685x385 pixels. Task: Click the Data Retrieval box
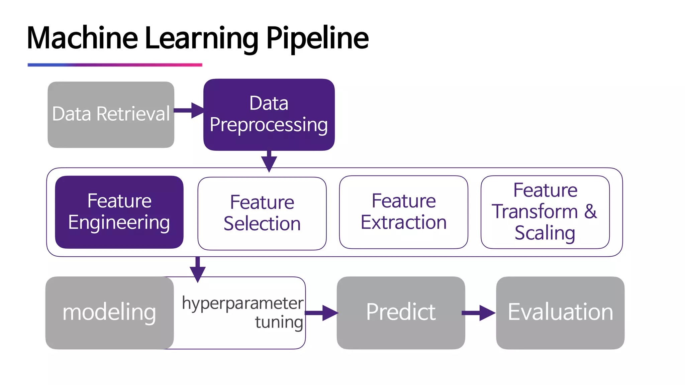pyautogui.click(x=111, y=114)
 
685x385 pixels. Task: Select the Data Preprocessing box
pyautogui.click(x=269, y=114)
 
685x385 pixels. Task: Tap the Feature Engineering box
pyautogui.click(x=119, y=212)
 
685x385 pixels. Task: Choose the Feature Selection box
pyautogui.click(x=262, y=213)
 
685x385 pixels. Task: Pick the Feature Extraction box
pyautogui.click(x=403, y=212)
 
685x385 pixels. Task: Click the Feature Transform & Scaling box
pyautogui.click(x=545, y=212)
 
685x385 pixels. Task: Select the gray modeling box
pyautogui.click(x=109, y=312)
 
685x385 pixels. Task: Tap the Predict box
pyautogui.click(x=401, y=312)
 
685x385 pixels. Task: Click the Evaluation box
pyautogui.click(x=560, y=312)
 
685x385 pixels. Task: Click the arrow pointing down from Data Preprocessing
pyautogui.click(x=269, y=161)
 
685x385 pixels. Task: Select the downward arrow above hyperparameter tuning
pyautogui.click(x=198, y=269)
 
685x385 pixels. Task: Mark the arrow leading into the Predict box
pyautogui.click(x=321, y=313)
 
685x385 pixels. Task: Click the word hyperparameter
pyautogui.click(x=242, y=303)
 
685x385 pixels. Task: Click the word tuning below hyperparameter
pyautogui.click(x=279, y=322)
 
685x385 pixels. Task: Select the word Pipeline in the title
pyautogui.click(x=317, y=38)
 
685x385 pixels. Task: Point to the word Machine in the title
pyautogui.click(x=82, y=38)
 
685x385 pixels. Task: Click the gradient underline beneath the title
pyautogui.click(x=115, y=65)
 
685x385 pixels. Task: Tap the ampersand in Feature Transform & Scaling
pyautogui.click(x=591, y=211)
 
